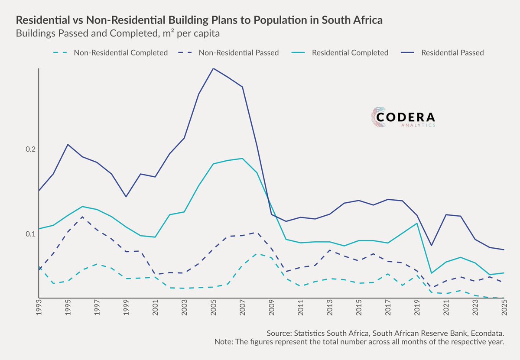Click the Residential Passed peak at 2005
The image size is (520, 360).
213,68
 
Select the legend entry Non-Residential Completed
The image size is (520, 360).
110,53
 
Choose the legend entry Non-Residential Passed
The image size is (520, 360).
228,53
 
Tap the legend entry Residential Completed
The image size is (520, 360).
340,53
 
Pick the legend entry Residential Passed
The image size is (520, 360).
442,53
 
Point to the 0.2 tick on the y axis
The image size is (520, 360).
31,149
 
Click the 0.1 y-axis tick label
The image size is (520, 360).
31,234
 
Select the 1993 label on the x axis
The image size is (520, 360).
39,308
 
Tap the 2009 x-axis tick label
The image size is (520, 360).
272,308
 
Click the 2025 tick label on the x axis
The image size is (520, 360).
504,308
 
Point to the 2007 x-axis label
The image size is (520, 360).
242,308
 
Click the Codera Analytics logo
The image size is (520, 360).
403,117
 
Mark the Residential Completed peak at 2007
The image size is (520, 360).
242,159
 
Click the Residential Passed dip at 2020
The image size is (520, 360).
431,245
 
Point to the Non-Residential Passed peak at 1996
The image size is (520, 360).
82,217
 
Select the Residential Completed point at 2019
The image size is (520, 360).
417,223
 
